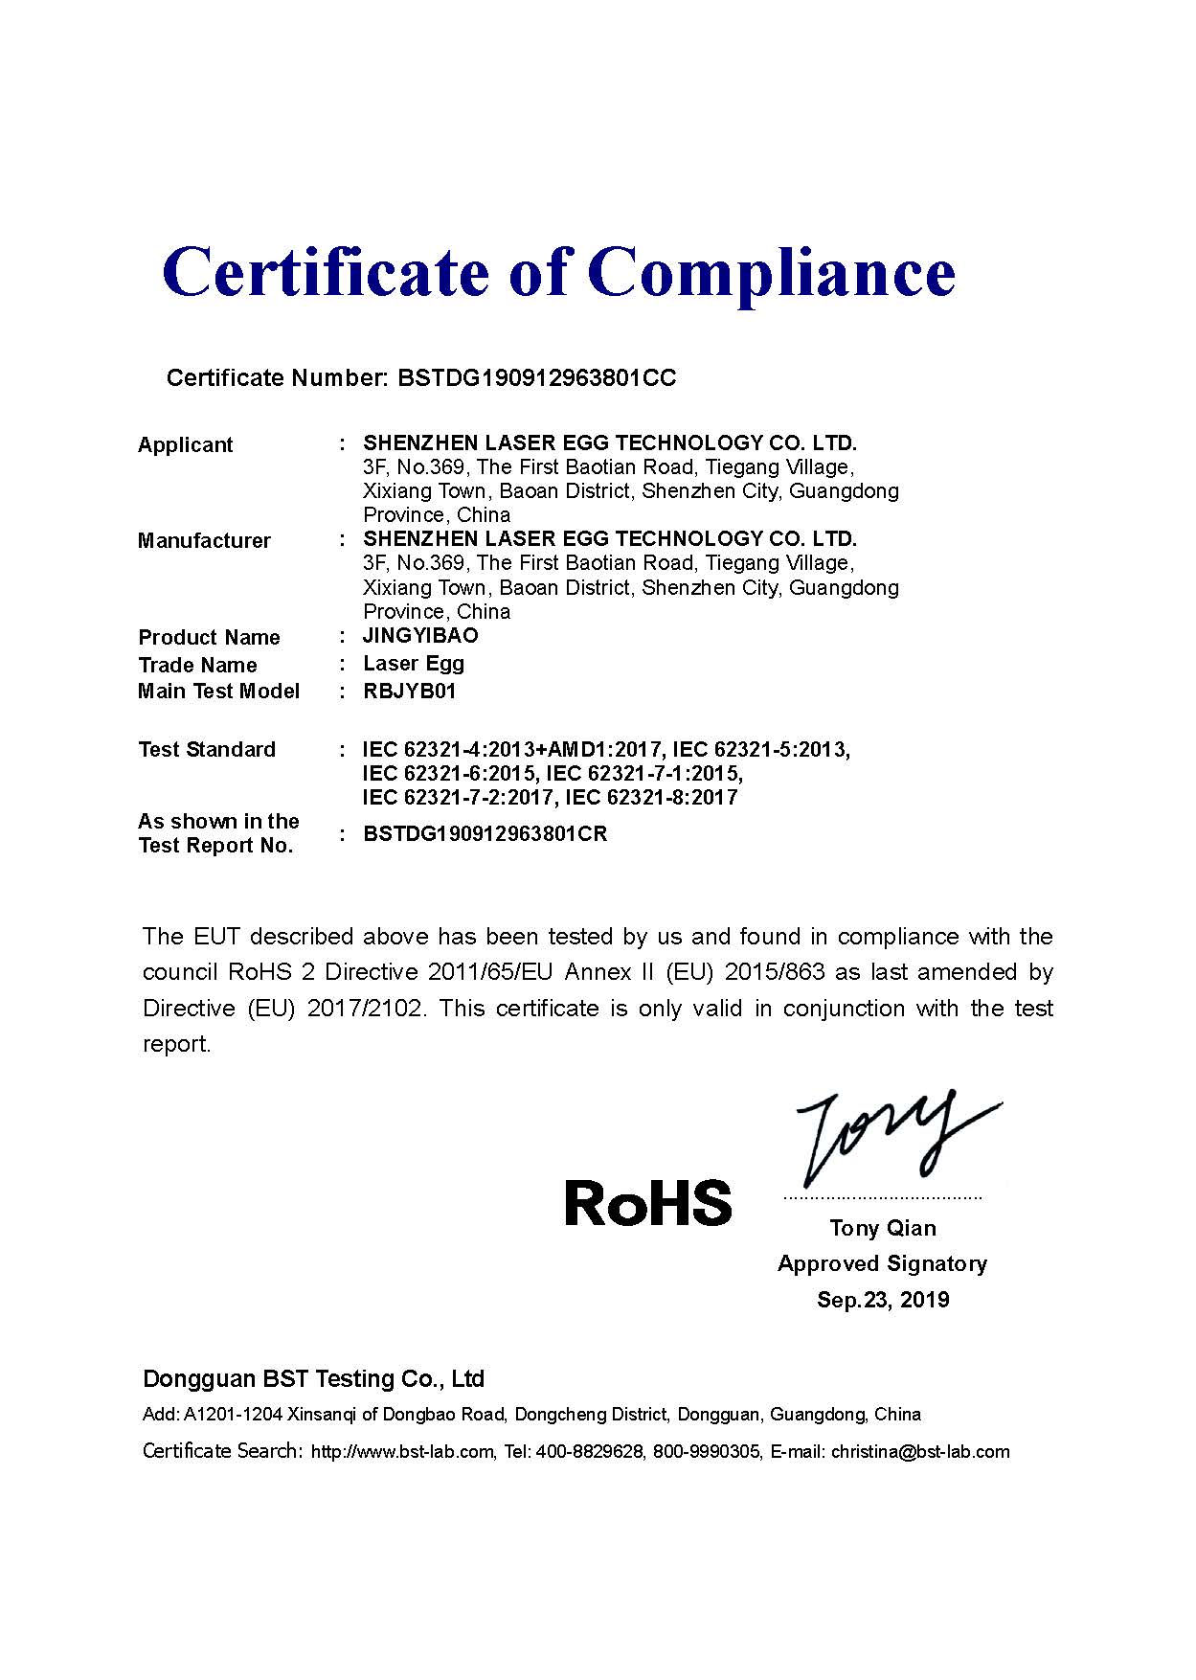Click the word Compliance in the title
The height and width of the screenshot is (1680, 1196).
771,273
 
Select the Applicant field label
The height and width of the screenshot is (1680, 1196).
185,445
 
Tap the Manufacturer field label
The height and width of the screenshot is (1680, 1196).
204,541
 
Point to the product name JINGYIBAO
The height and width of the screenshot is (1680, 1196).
420,636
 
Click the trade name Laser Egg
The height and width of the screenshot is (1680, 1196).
414,664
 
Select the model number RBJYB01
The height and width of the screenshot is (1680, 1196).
409,692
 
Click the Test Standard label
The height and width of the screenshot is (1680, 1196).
207,750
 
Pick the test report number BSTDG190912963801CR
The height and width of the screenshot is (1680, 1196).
485,834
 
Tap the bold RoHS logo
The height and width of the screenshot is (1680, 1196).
648,1204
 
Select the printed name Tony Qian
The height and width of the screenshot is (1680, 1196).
883,1229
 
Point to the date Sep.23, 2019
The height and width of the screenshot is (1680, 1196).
883,1301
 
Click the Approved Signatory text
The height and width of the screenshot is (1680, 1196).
882,1264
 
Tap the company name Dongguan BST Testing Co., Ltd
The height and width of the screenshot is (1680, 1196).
313,1379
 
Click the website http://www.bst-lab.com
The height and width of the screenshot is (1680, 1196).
402,1452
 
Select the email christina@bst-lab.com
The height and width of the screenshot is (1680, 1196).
920,1452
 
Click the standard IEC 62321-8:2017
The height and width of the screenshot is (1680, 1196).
651,798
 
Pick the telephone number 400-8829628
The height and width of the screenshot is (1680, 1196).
589,1452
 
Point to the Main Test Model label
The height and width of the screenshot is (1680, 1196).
218,692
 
